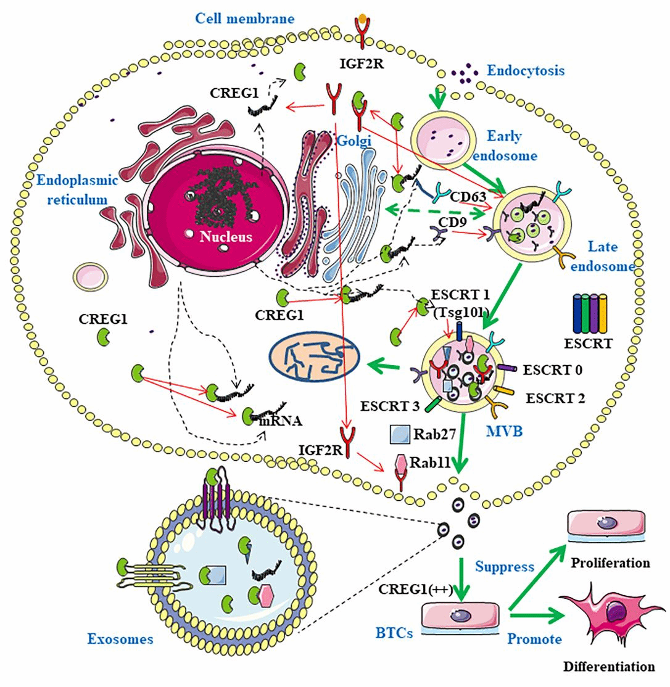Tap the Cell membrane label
tap(245, 18)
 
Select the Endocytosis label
tap(525, 70)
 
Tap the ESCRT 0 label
tap(553, 370)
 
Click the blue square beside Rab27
tap(400, 434)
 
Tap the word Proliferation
tap(610, 563)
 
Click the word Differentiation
tap(608, 666)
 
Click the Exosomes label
tap(120, 639)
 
